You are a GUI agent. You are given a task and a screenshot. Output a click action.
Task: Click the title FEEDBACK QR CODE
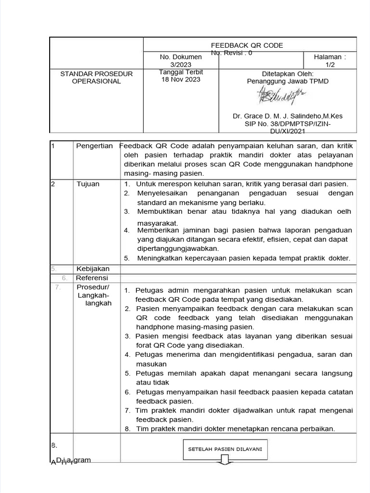point(247,45)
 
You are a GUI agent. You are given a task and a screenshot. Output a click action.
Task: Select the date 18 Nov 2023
point(181,79)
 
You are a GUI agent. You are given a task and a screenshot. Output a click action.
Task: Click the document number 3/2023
point(181,64)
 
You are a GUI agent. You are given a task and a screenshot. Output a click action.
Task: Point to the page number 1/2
point(330,64)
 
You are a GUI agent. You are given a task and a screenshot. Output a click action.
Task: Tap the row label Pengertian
point(94,146)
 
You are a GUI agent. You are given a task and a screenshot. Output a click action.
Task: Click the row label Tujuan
point(88,184)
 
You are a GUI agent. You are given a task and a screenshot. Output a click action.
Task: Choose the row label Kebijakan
point(93,269)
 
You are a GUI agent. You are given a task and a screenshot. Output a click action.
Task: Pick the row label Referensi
point(92,278)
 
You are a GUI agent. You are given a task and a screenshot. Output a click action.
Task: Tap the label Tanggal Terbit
point(181,72)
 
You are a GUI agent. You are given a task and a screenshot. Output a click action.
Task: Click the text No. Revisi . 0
point(231,52)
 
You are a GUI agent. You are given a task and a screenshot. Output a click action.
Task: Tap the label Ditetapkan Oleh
point(288,74)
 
